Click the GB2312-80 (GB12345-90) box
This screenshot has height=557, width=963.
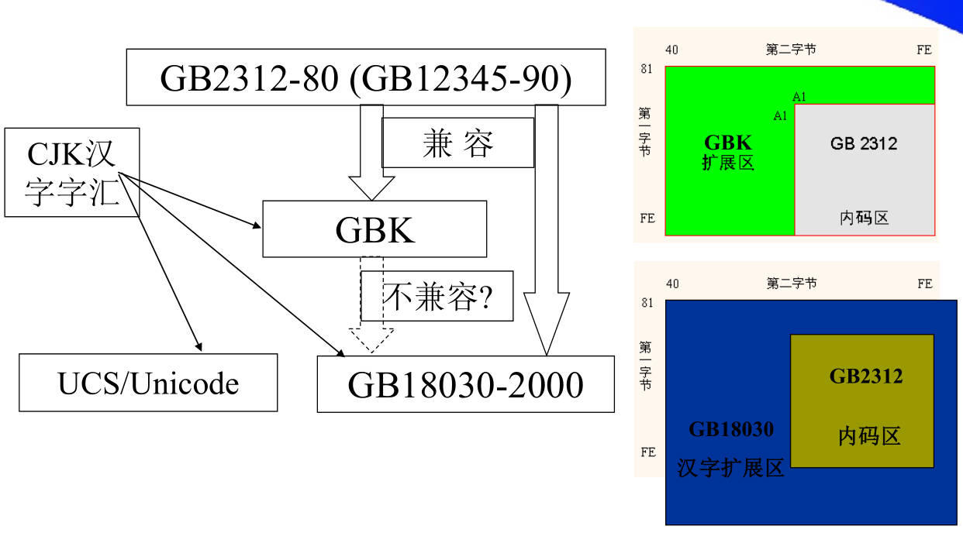click(365, 77)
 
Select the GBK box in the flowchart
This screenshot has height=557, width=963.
click(374, 229)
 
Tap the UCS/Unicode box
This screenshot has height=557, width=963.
click(148, 383)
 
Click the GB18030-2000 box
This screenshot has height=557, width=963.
click(465, 384)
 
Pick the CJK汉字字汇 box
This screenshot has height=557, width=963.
click(71, 172)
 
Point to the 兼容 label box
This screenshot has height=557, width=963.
click(457, 143)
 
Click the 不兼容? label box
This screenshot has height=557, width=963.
click(438, 297)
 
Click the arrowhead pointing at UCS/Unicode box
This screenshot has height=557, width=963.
click(198, 346)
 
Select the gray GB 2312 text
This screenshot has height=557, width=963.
click(864, 143)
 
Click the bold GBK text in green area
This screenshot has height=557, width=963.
click(727, 143)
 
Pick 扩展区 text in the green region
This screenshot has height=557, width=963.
click(727, 163)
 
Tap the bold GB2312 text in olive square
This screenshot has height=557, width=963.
click(866, 376)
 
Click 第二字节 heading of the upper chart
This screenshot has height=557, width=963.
click(791, 50)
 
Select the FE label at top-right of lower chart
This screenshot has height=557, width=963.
click(924, 284)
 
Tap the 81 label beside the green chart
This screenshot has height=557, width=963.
click(647, 69)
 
